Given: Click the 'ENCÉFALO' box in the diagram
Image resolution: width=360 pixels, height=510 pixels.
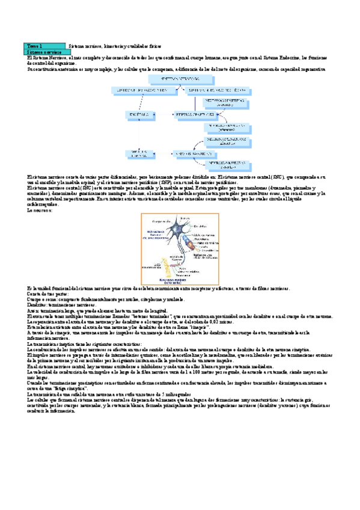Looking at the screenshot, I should pyautogui.click(x=136, y=114).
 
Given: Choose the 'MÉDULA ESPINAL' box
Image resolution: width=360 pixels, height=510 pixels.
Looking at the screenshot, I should pyautogui.click(x=136, y=154).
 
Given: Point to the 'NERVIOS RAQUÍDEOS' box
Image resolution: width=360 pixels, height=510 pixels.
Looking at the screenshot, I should pyautogui.click(x=193, y=154).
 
